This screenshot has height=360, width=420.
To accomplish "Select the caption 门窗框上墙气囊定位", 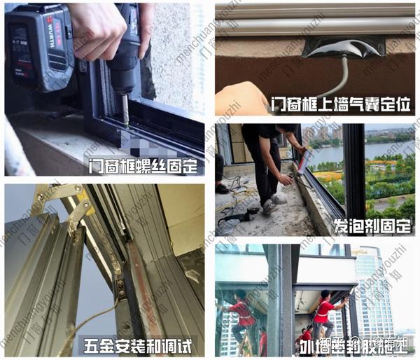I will pyautogui.click(x=341, y=106).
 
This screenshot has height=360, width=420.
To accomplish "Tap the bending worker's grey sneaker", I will pyautogui.click(x=270, y=206).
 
